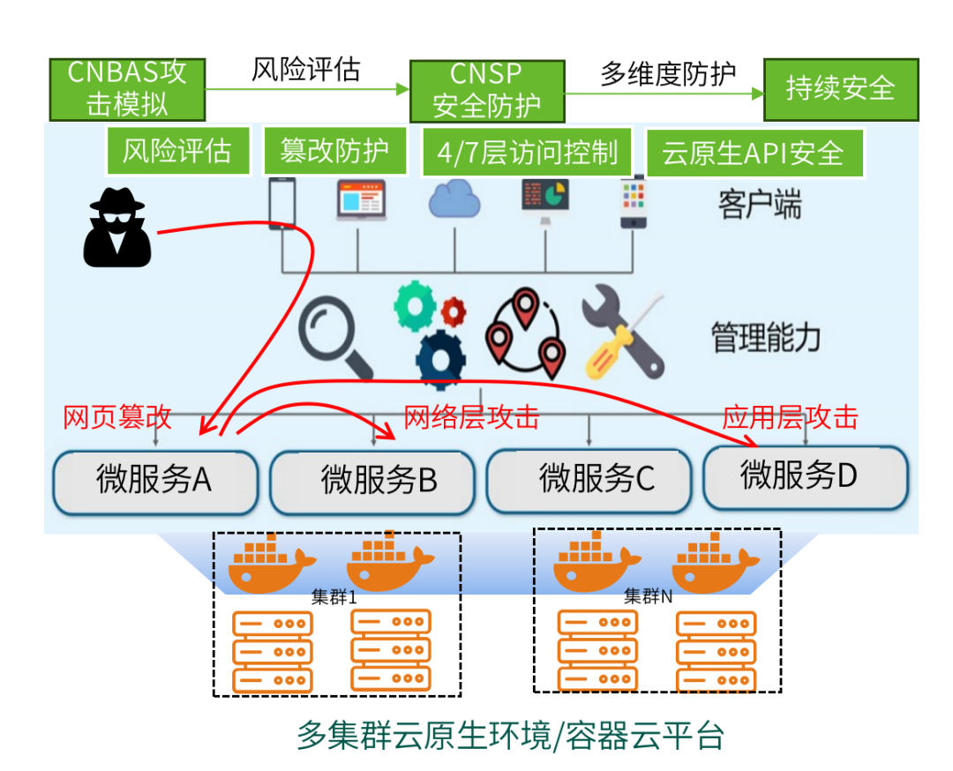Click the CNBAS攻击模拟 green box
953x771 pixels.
[128, 89]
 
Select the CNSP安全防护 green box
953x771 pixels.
[487, 89]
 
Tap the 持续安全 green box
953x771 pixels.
[840, 89]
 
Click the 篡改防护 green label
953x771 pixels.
[334, 151]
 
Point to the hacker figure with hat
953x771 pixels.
[117, 228]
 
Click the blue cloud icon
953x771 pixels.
[454, 199]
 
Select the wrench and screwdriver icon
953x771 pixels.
[623, 333]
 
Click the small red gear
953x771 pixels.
[454, 310]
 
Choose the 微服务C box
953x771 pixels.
[588, 480]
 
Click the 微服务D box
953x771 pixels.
[805, 477]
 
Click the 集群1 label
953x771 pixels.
[334, 596]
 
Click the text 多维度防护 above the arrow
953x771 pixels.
[668, 73]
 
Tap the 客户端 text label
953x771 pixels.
[760, 206]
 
